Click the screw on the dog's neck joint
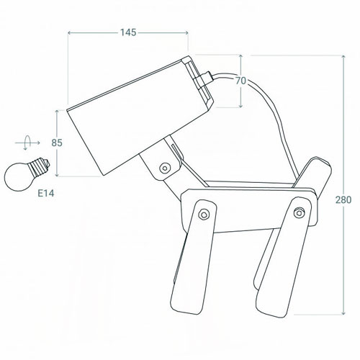(166, 168)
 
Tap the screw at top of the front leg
(204, 214)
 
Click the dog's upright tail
(315, 173)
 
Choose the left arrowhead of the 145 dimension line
(70, 33)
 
